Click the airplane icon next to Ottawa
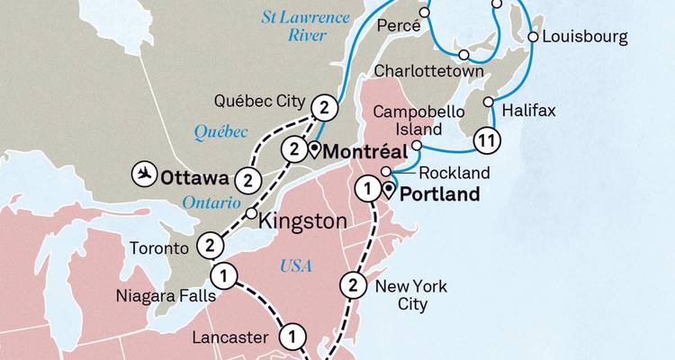(x=142, y=171)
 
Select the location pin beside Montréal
(x=314, y=151)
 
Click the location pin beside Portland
(x=389, y=190)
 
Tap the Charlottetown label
(x=429, y=71)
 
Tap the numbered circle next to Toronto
(x=209, y=245)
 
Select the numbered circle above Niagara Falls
(x=224, y=275)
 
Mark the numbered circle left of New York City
(x=353, y=286)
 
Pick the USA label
(x=296, y=265)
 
